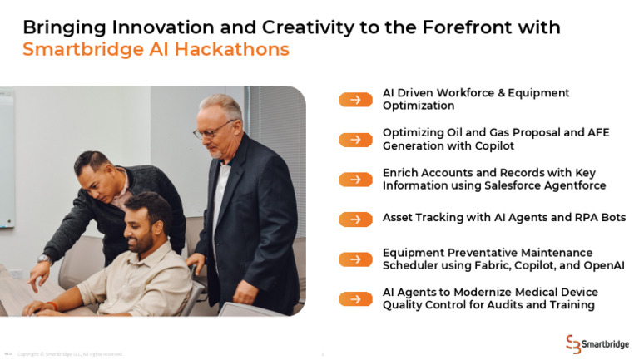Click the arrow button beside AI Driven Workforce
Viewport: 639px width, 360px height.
pos(355,100)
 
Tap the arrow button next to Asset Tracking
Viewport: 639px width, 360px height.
pos(355,219)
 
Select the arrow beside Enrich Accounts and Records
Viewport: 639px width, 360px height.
pos(355,179)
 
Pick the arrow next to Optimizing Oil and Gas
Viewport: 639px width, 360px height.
pos(355,140)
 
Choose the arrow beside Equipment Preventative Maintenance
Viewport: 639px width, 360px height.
pos(355,259)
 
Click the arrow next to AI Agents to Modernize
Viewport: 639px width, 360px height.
pos(355,298)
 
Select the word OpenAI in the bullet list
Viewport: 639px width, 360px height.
pos(603,265)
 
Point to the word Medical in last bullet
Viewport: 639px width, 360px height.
pos(529,293)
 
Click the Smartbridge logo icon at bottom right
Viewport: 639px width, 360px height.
pos(573,343)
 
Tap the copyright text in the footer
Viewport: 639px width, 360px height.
pos(70,353)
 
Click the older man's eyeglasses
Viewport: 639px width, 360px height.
pos(213,131)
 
